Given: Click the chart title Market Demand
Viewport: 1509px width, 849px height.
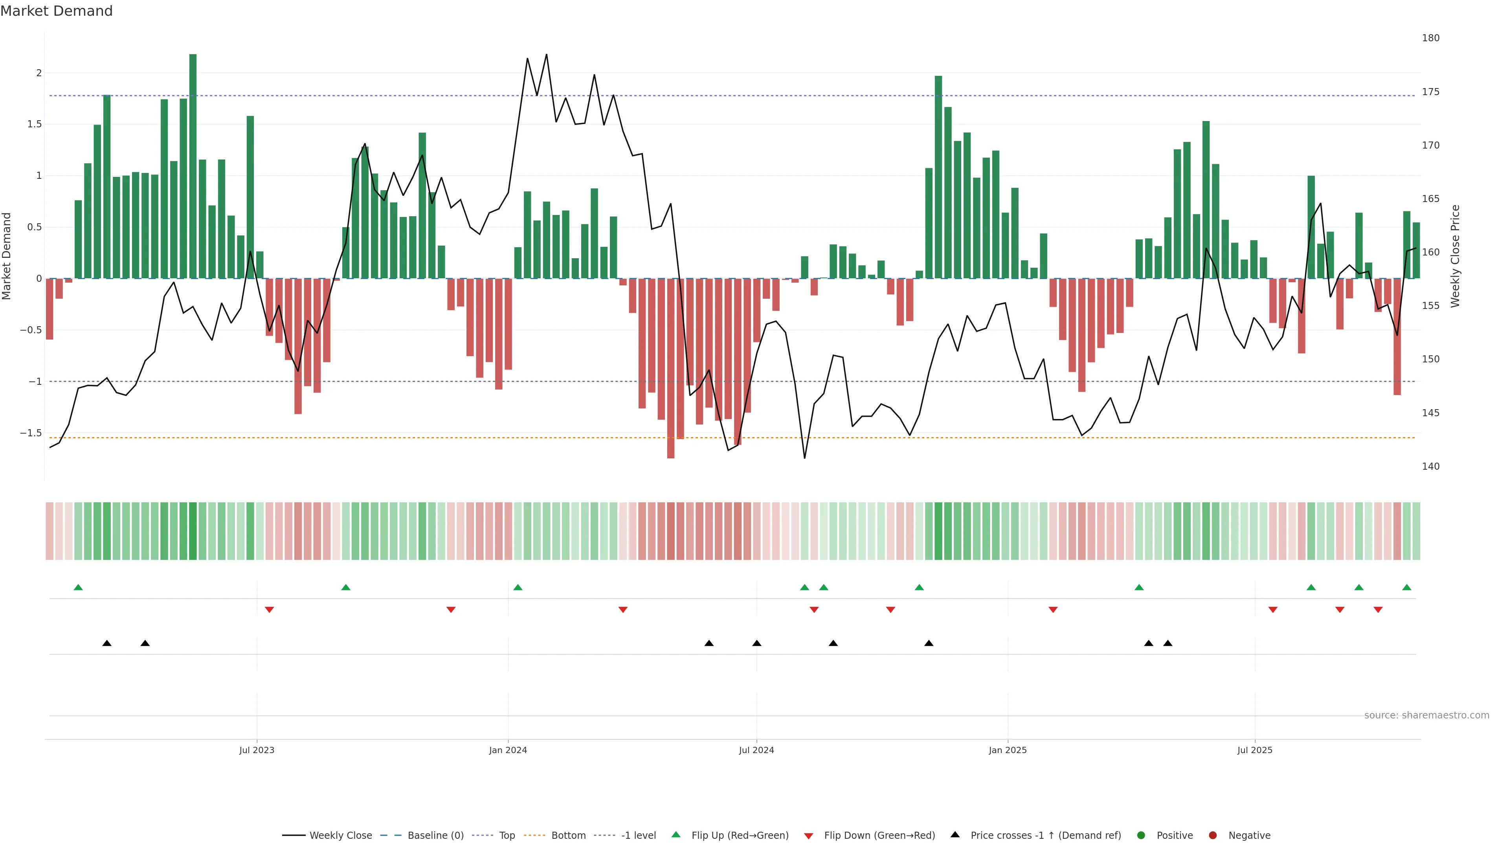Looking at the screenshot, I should point(56,11).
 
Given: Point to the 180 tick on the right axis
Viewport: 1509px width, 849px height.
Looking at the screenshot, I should point(1430,38).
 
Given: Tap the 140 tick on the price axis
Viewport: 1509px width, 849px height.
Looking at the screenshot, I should point(1430,467).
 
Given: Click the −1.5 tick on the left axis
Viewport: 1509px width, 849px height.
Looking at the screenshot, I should point(31,433).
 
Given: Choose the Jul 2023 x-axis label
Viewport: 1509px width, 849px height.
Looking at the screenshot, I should point(257,750).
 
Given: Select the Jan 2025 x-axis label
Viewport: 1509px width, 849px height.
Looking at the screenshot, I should point(1008,750).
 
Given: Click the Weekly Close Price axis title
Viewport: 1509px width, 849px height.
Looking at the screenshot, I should point(1456,256).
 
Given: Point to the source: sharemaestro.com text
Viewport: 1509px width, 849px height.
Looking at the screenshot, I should point(1426,715).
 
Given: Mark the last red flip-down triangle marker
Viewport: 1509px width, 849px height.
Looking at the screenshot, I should point(1378,610).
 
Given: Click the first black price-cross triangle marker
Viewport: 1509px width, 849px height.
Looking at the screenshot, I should point(106,643).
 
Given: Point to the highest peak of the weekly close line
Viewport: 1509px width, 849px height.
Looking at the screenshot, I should point(547,55).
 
